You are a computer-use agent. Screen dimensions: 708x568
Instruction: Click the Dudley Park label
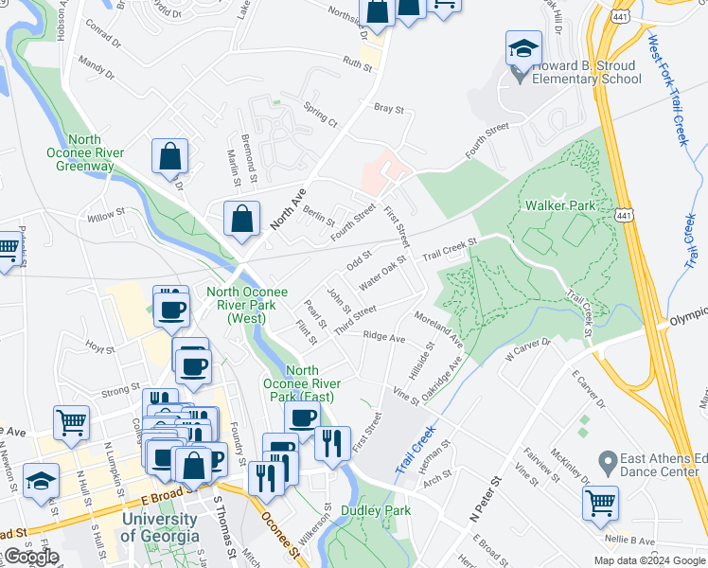point(383,510)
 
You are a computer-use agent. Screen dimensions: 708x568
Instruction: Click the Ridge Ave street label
point(383,337)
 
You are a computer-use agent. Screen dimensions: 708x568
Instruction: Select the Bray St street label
point(388,110)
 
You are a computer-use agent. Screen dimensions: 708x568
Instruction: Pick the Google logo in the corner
point(31,558)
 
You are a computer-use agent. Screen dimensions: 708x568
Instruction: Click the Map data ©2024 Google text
point(650,560)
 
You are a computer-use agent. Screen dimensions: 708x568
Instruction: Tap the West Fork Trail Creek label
point(667,89)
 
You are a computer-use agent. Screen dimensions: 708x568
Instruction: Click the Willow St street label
point(106,215)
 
